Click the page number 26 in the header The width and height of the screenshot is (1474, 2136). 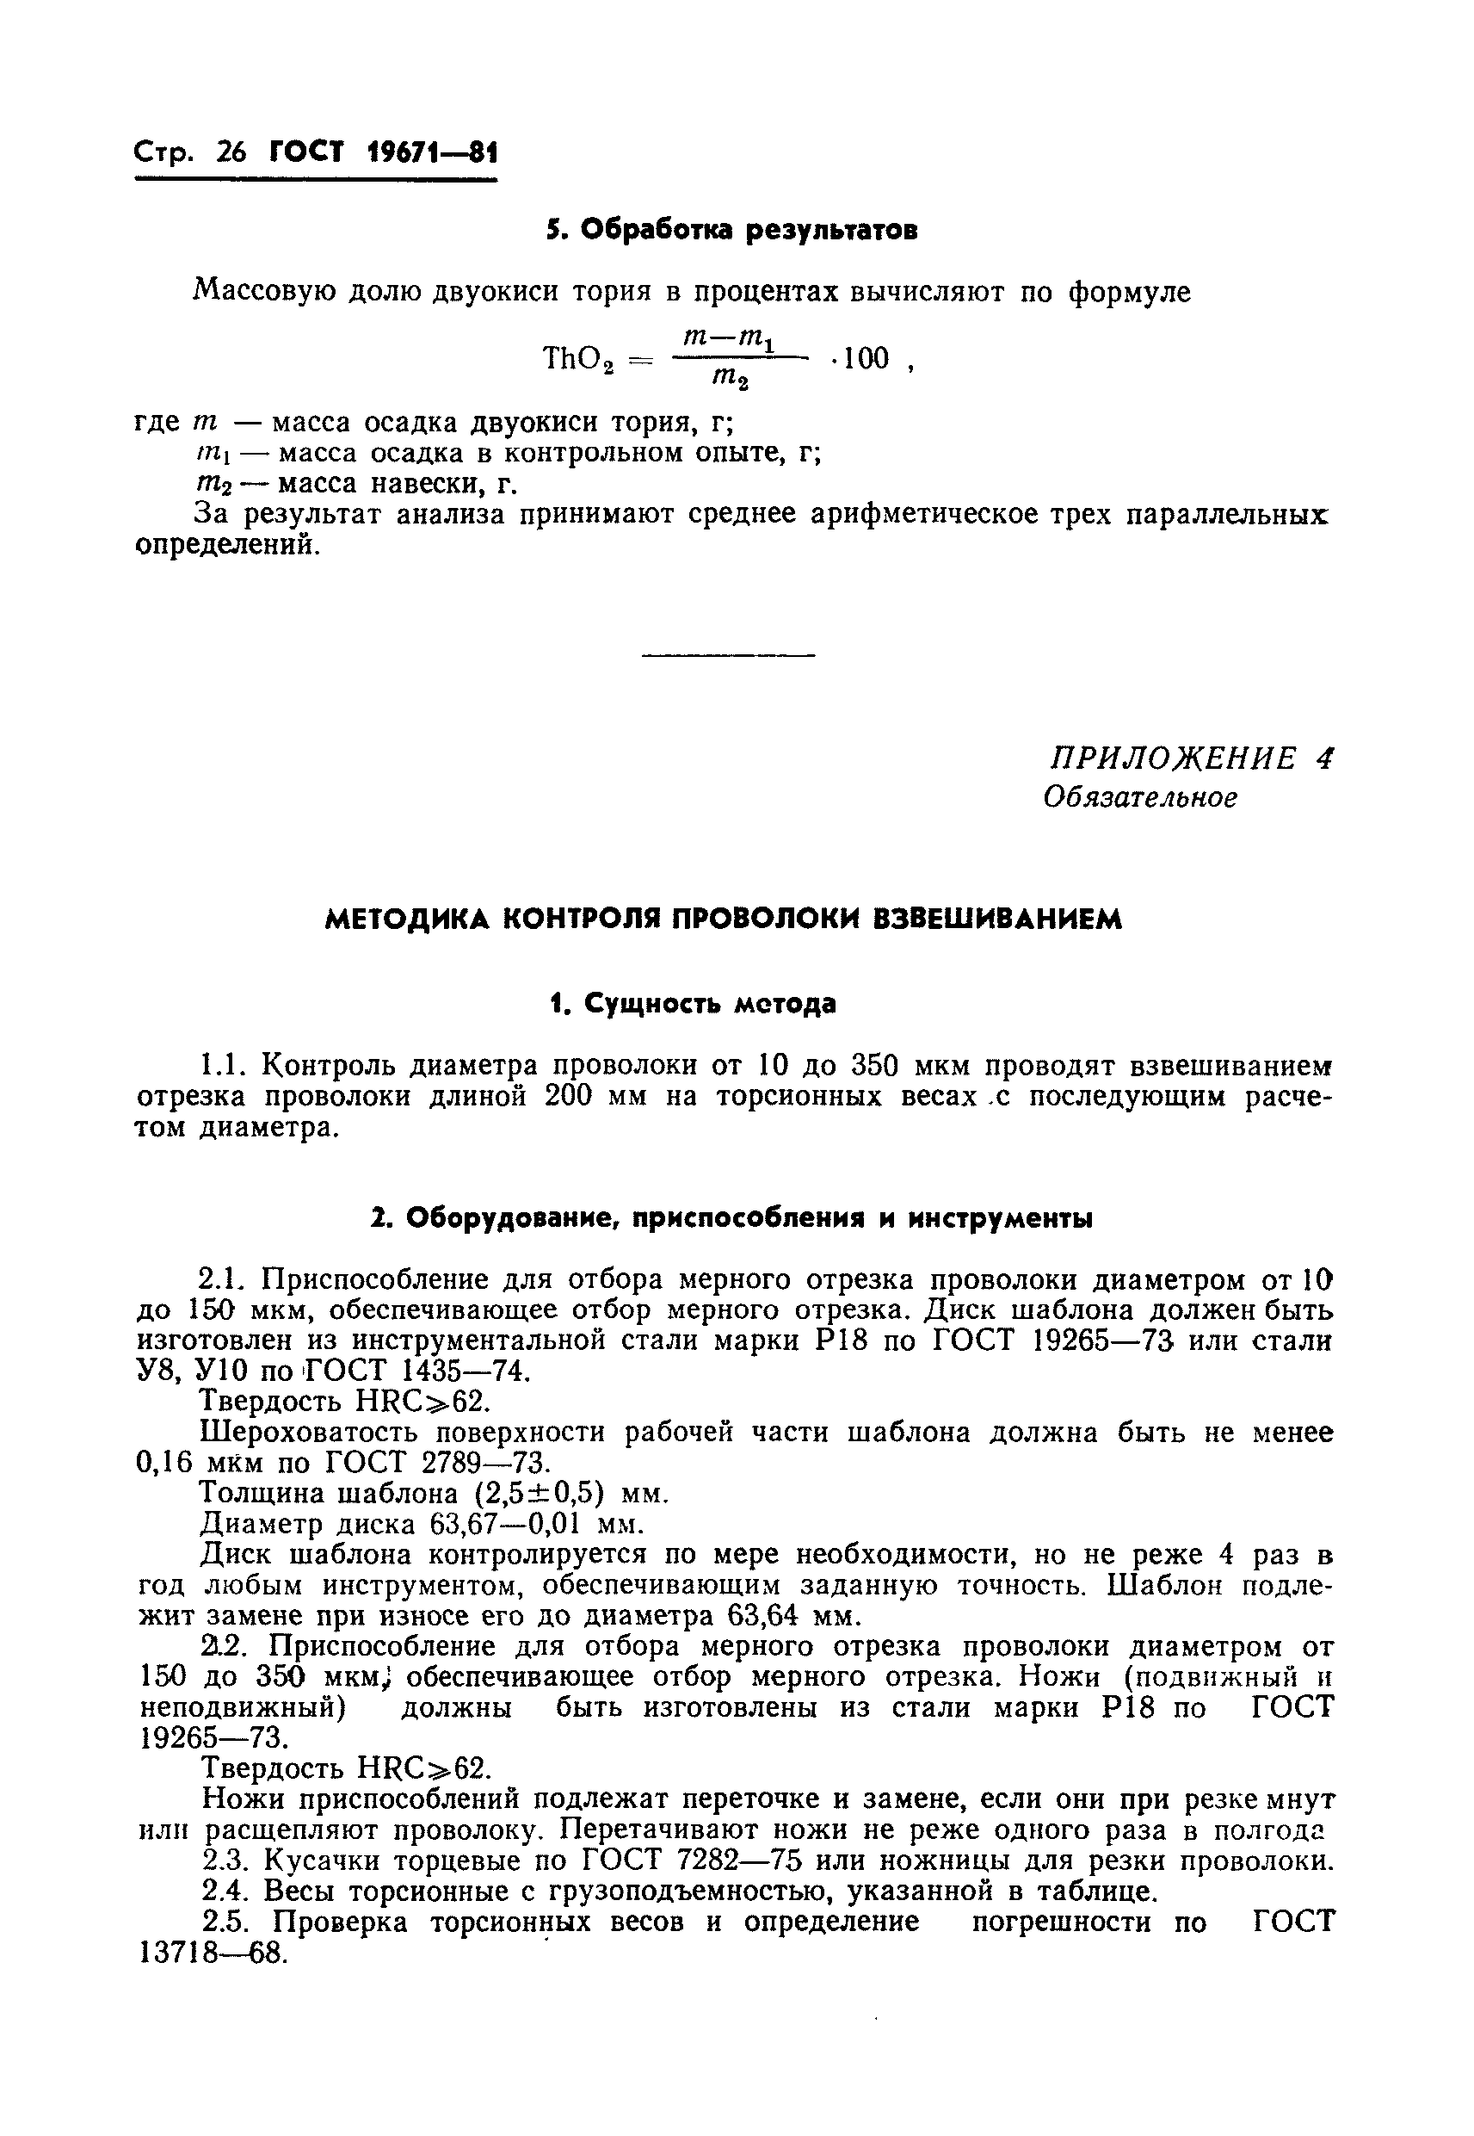(x=230, y=152)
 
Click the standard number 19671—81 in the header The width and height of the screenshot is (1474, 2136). (x=431, y=152)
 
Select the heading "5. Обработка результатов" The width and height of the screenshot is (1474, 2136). (x=731, y=230)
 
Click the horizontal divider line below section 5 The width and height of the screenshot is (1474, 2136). (x=728, y=656)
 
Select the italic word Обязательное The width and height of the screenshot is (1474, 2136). (x=1139, y=796)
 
